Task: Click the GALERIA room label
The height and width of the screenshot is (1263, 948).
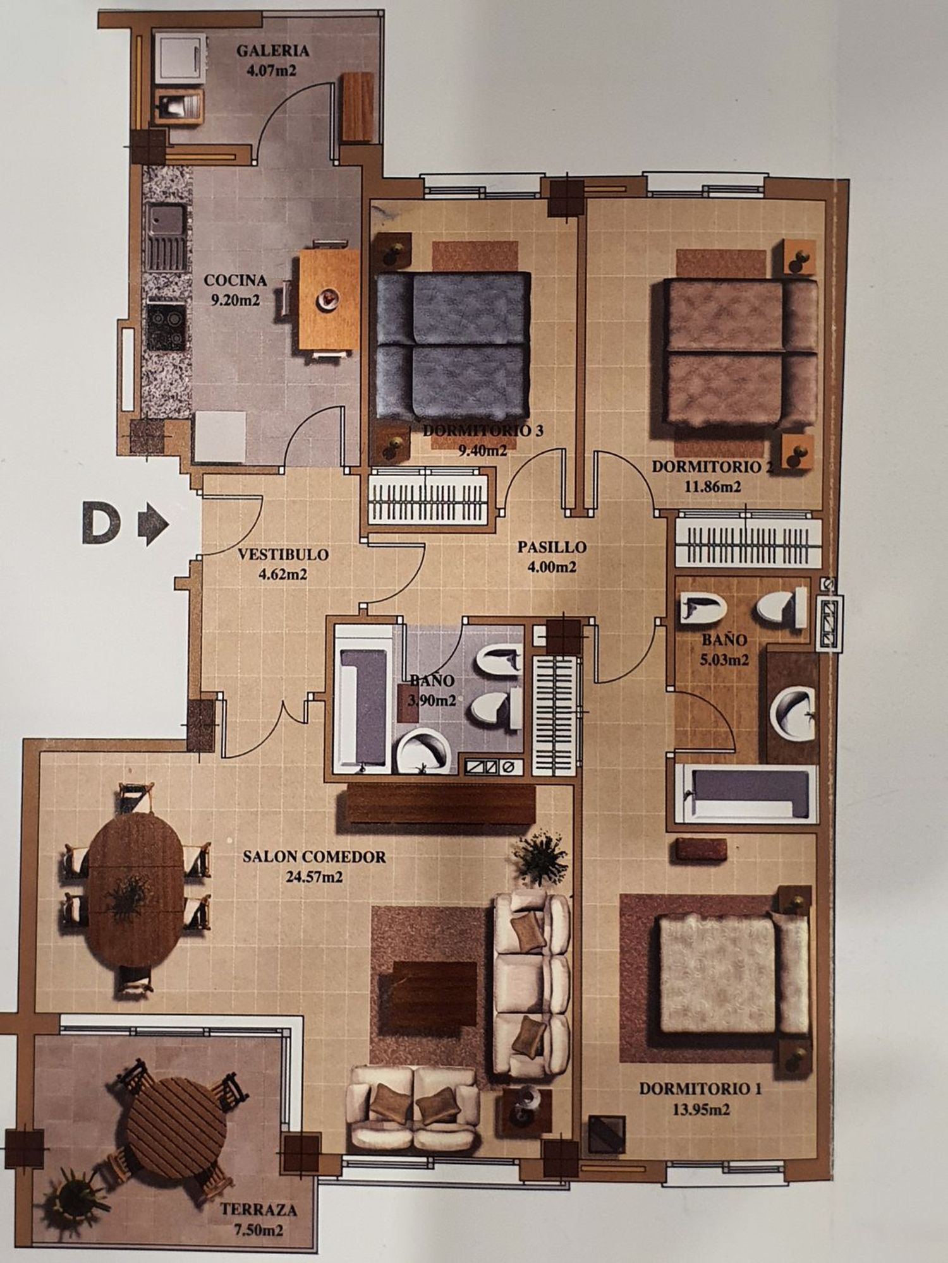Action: (x=272, y=51)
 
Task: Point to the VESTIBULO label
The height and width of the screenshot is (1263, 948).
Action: (x=284, y=555)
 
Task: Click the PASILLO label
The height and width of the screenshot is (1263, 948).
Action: (x=552, y=547)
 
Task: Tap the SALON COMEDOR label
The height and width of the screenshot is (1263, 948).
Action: (x=314, y=857)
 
